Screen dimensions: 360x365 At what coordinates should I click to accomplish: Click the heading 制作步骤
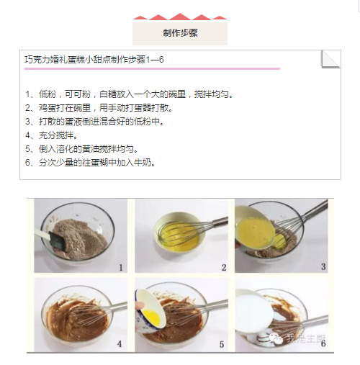coord(180,33)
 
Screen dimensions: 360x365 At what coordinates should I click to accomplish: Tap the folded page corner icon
coord(330,59)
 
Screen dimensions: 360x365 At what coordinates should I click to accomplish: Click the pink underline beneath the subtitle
coord(152,68)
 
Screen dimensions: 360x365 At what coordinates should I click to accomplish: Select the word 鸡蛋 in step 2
coord(48,108)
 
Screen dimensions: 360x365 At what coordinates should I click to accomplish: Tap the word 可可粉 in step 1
coord(78,94)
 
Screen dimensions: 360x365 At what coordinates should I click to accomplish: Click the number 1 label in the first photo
coord(121,267)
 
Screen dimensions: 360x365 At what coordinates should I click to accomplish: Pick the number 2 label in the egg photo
coord(224,267)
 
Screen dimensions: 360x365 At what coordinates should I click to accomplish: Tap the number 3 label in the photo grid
coord(323,266)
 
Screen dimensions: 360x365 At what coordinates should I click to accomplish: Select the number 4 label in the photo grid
coord(120,344)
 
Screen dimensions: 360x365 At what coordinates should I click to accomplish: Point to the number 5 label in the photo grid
coord(222,344)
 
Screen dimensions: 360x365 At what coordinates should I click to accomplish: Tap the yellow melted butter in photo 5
coord(152,317)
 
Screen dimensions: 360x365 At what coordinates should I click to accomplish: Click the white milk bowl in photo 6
coord(254,311)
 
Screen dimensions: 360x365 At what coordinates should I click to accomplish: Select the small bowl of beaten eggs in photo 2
coord(179,232)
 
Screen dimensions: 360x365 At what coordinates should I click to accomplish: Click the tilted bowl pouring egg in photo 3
coord(254,227)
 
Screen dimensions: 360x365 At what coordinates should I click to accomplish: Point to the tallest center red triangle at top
coord(180,17)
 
